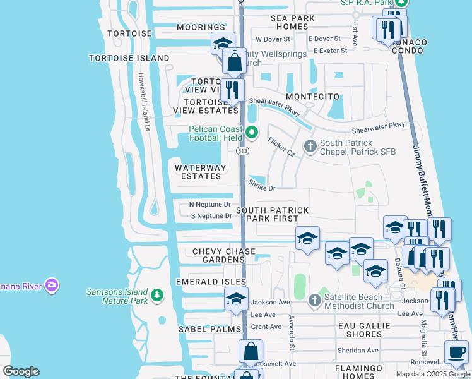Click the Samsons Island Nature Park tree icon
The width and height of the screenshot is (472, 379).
coord(156,294)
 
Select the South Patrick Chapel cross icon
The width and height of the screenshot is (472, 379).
coord(310,147)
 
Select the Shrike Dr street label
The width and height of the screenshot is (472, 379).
coord(262,187)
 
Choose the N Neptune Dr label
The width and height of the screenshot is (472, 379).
coord(210,205)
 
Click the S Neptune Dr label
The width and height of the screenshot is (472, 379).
coord(211,216)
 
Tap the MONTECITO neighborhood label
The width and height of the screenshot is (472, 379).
coord(312,97)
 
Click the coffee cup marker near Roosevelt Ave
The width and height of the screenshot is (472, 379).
coord(457,351)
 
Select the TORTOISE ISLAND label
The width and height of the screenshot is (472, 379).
coord(129,58)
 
